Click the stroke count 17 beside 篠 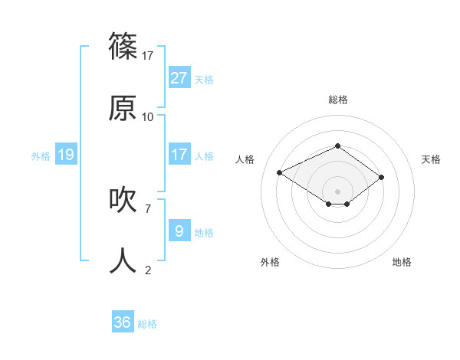pos(148,55)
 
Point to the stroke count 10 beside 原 pos(148,116)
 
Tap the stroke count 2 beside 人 pos(148,270)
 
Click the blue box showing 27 pos(179,77)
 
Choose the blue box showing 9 pos(179,231)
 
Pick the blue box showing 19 pos(65,155)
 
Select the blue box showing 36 pos(123,322)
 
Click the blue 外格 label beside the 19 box pos(41,155)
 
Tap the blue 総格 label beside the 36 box pos(147,324)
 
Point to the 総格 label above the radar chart pos(337,100)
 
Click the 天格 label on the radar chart pos(431,159)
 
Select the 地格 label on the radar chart pos(402,262)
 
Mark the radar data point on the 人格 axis pos(280,172)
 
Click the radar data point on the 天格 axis pos(381,178)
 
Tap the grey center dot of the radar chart pos(337,191)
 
